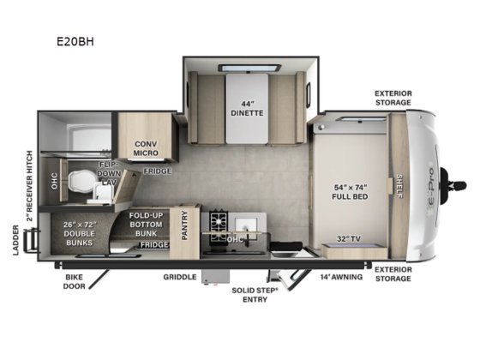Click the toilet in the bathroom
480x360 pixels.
(x=81, y=181)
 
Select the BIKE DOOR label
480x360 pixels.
(x=77, y=283)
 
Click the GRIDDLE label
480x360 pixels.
(x=180, y=277)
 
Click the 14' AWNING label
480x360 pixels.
(x=341, y=277)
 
